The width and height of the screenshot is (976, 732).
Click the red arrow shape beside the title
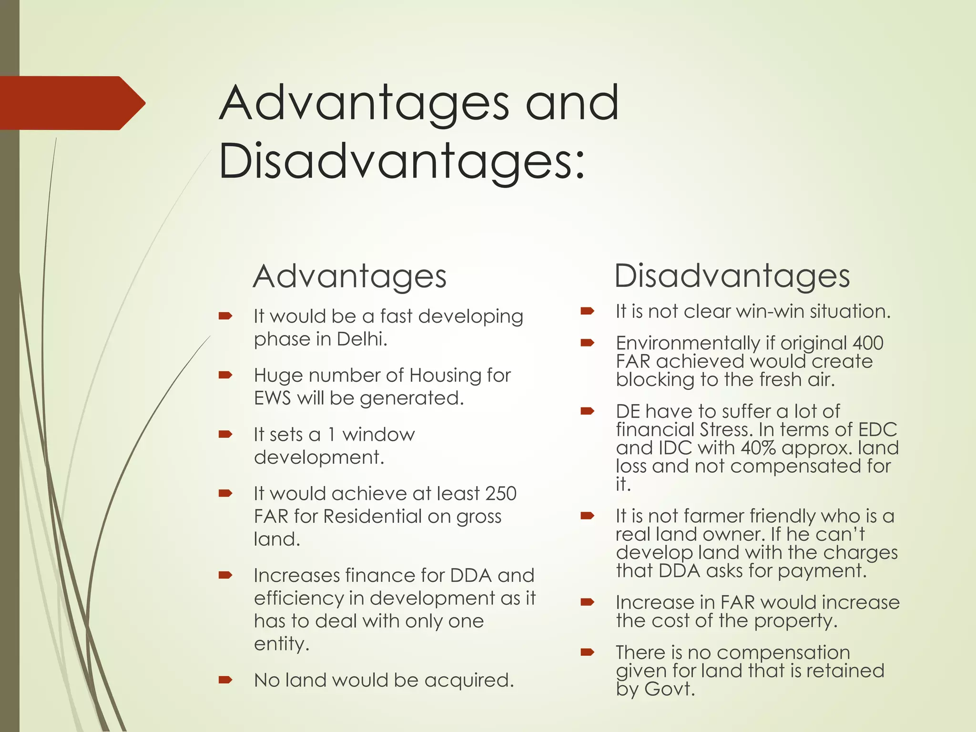click(71, 103)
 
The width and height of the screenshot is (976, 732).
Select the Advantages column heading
click(350, 276)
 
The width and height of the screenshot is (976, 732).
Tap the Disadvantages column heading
click(732, 276)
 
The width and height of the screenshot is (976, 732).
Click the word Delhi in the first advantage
click(362, 339)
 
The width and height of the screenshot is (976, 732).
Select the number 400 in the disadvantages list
click(868, 343)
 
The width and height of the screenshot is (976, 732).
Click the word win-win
click(770, 312)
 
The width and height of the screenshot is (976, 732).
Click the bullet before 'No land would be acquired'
click(225, 680)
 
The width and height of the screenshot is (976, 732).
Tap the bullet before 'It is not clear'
click(587, 312)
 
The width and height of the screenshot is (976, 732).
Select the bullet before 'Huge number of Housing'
click(225, 376)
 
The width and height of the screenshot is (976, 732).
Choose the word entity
click(281, 644)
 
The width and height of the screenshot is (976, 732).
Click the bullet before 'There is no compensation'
click(587, 652)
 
